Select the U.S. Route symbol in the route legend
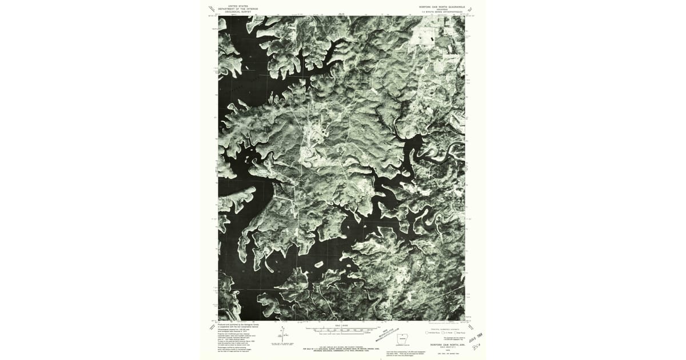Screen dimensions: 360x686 tap(444, 333)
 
